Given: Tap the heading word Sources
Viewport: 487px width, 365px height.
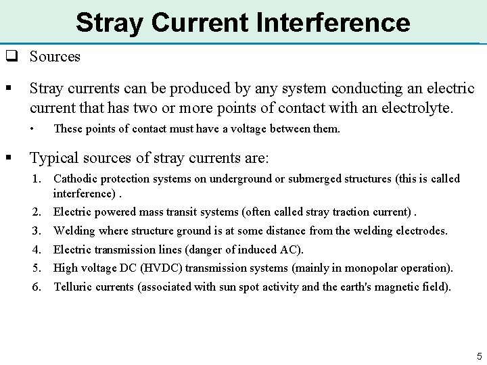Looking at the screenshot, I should [x=55, y=57].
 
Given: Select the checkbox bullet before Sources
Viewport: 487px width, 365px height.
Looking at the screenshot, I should [x=11, y=57].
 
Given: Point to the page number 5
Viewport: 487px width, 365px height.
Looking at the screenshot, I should [x=478, y=356].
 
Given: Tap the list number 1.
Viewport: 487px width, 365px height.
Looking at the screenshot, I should [x=37, y=179].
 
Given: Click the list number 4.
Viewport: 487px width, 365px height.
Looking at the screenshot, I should [x=37, y=249].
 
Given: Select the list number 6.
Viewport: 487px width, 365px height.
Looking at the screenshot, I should [x=37, y=286].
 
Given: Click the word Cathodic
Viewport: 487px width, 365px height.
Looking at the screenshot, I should [x=76, y=179].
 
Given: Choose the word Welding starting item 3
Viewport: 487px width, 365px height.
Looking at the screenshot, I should [x=75, y=231].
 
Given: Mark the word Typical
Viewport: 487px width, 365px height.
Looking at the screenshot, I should [x=56, y=158].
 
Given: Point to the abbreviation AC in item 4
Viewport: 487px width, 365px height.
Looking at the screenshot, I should [x=292, y=249].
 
